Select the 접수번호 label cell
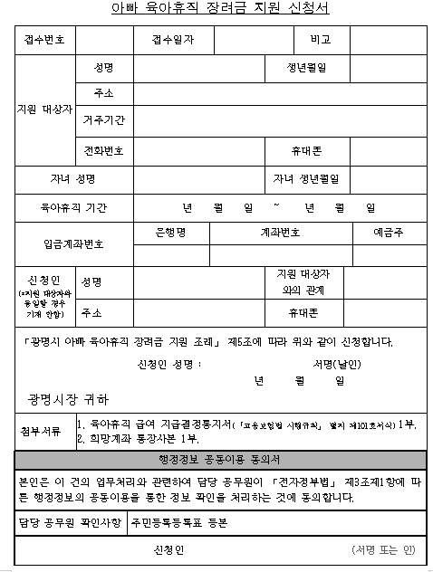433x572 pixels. (x=46, y=41)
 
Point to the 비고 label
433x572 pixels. (x=319, y=41)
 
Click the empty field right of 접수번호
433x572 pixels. (x=103, y=41)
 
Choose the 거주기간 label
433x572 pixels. (x=104, y=119)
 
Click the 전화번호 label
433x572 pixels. (x=104, y=150)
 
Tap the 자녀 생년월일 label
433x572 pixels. (x=313, y=178)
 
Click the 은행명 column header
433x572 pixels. (x=170, y=233)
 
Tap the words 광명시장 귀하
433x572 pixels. (x=68, y=398)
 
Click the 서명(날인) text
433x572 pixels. (x=336, y=364)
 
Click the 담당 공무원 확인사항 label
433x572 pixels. (x=70, y=523)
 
